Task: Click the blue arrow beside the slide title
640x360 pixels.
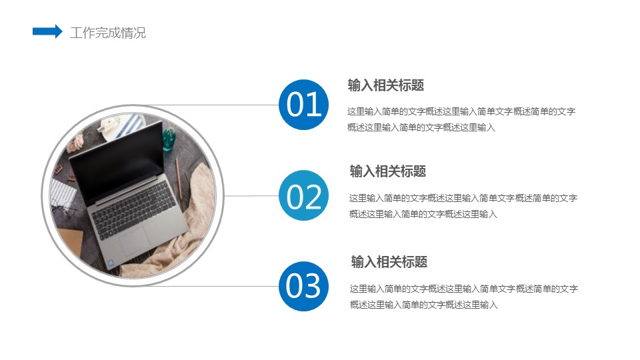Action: point(47,31)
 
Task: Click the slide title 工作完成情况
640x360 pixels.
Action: point(108,33)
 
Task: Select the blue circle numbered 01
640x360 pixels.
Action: point(304,105)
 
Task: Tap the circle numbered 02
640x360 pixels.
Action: point(304,195)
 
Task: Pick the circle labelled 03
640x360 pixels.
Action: point(304,286)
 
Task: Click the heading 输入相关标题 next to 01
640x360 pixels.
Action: point(386,85)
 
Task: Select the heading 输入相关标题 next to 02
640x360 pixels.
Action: point(388,171)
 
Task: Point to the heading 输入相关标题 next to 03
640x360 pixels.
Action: point(389,261)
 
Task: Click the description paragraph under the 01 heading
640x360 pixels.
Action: point(461,119)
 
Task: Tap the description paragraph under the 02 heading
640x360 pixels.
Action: point(463,206)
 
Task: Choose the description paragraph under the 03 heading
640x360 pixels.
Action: point(464,296)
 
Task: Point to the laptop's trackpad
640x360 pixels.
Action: point(133,241)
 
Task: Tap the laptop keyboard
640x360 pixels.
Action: point(133,209)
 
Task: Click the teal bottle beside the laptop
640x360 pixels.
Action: point(169,139)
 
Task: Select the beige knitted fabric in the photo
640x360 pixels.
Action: point(184,229)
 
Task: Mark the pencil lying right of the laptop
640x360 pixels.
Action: point(179,179)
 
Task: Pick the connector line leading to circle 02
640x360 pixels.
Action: point(251,196)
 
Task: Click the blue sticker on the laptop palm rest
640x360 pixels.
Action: point(110,263)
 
